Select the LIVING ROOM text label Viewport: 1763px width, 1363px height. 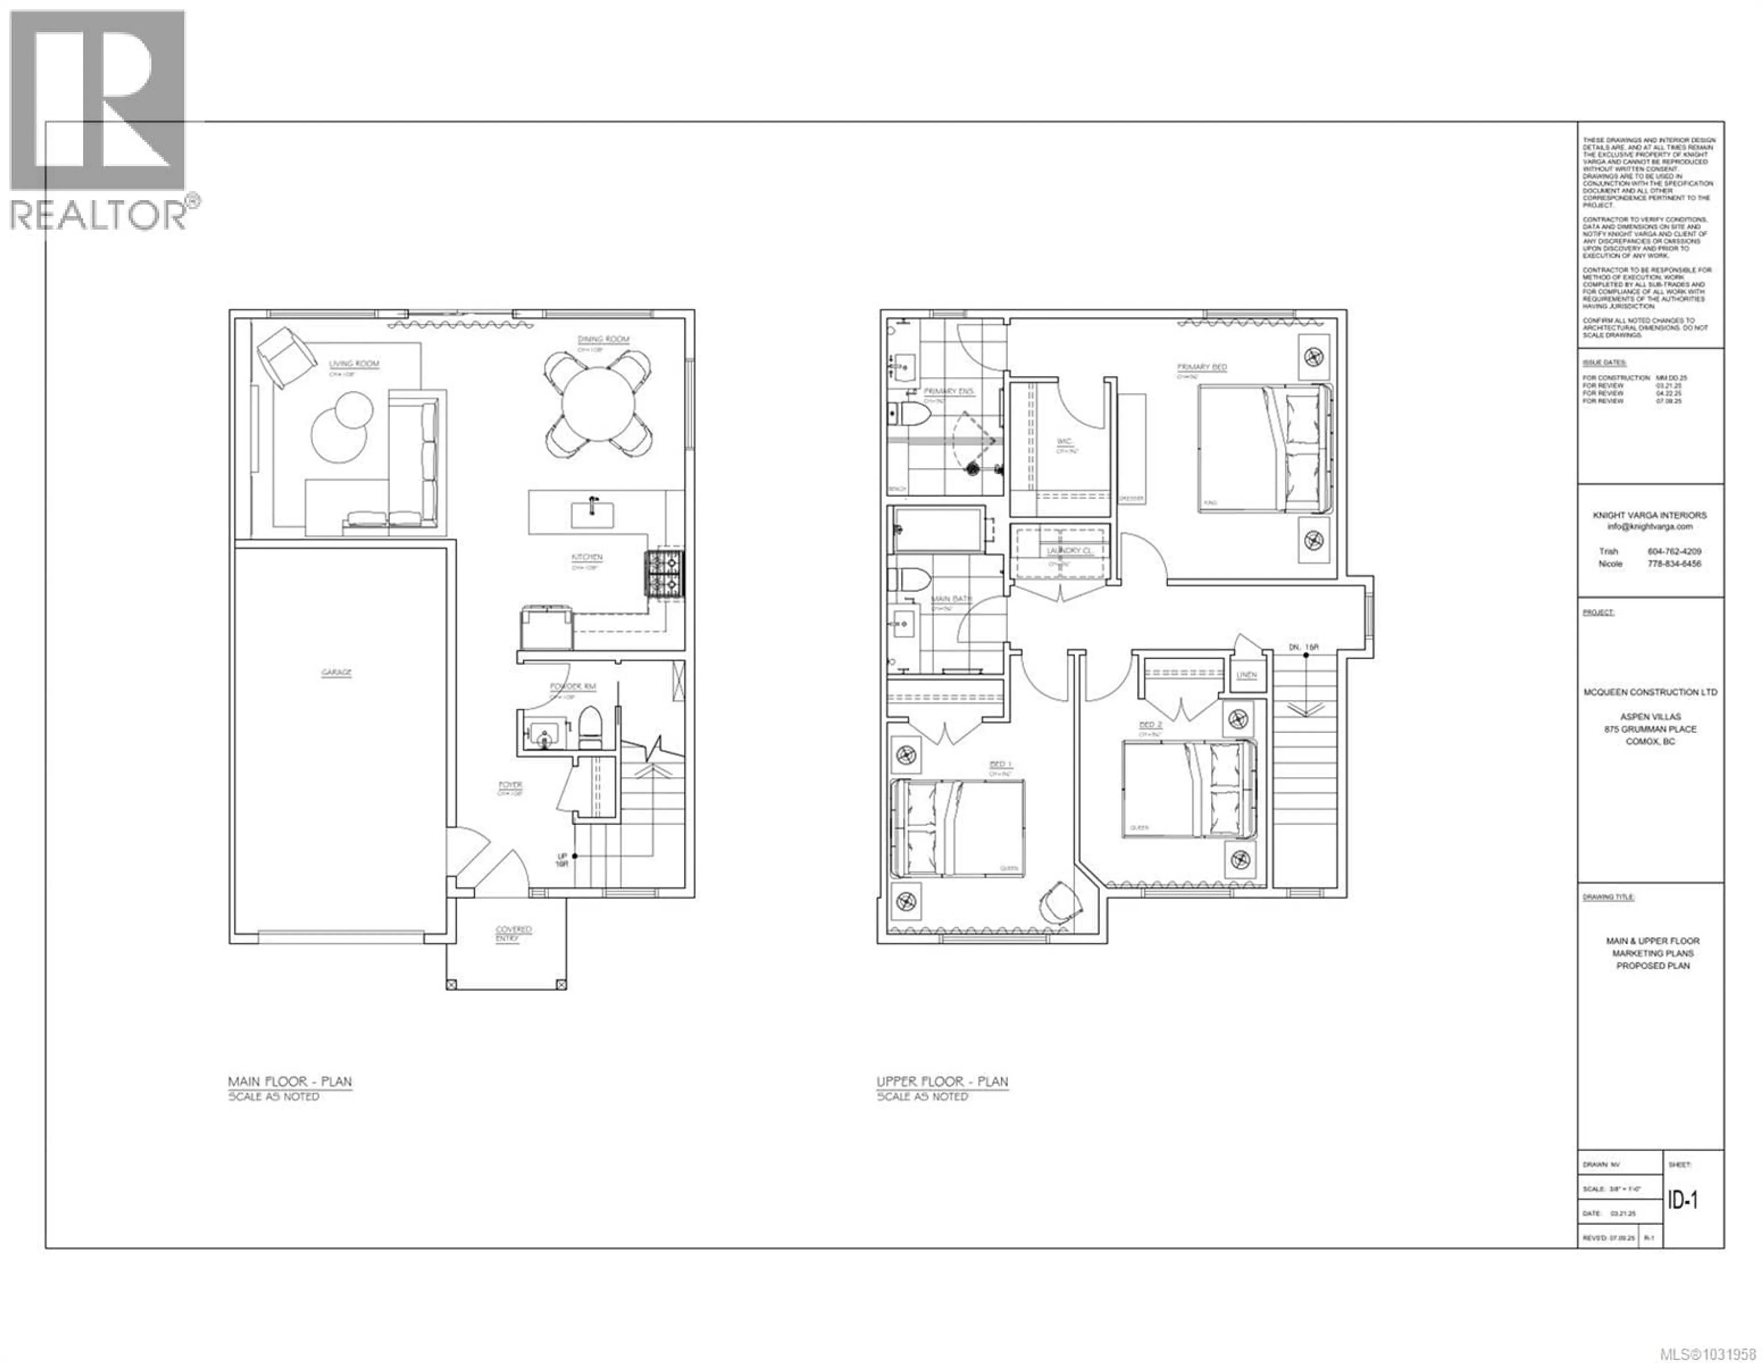point(354,364)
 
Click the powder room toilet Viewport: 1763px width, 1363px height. point(590,728)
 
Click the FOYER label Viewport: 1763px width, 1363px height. point(510,785)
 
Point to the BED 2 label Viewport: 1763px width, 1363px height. point(1150,725)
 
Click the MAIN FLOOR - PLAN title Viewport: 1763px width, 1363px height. point(290,1082)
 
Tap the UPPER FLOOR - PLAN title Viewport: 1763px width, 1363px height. point(942,1082)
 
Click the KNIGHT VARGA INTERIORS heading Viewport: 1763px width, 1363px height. point(1649,515)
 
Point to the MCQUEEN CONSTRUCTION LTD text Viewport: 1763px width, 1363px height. point(1649,692)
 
